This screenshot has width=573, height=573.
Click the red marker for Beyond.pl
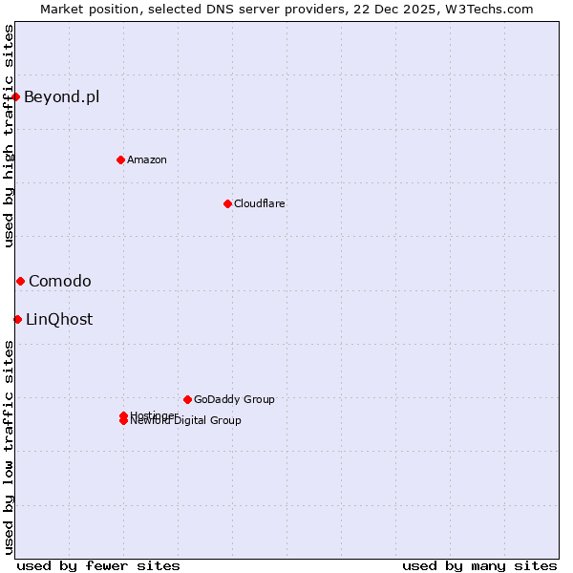(x=16, y=96)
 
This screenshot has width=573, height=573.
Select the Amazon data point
(x=120, y=159)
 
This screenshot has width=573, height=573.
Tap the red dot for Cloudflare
(x=227, y=203)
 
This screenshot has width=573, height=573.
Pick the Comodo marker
(x=20, y=281)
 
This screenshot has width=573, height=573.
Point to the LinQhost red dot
(x=17, y=319)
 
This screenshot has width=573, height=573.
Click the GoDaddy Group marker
(x=187, y=399)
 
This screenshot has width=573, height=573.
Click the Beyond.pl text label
(x=61, y=96)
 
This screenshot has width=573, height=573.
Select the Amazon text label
(x=146, y=159)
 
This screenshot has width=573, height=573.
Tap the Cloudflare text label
(x=259, y=203)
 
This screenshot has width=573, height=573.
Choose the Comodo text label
(x=59, y=281)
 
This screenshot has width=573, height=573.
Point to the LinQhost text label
(x=59, y=319)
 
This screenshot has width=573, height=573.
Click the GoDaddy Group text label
(x=234, y=399)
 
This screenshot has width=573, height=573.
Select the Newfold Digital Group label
(x=186, y=421)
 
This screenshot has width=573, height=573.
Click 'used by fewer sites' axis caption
(x=98, y=565)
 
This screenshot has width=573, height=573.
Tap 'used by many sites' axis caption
(x=479, y=565)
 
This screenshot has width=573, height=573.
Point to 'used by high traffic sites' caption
(x=9, y=136)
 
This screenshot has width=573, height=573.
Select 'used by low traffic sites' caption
(x=9, y=446)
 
